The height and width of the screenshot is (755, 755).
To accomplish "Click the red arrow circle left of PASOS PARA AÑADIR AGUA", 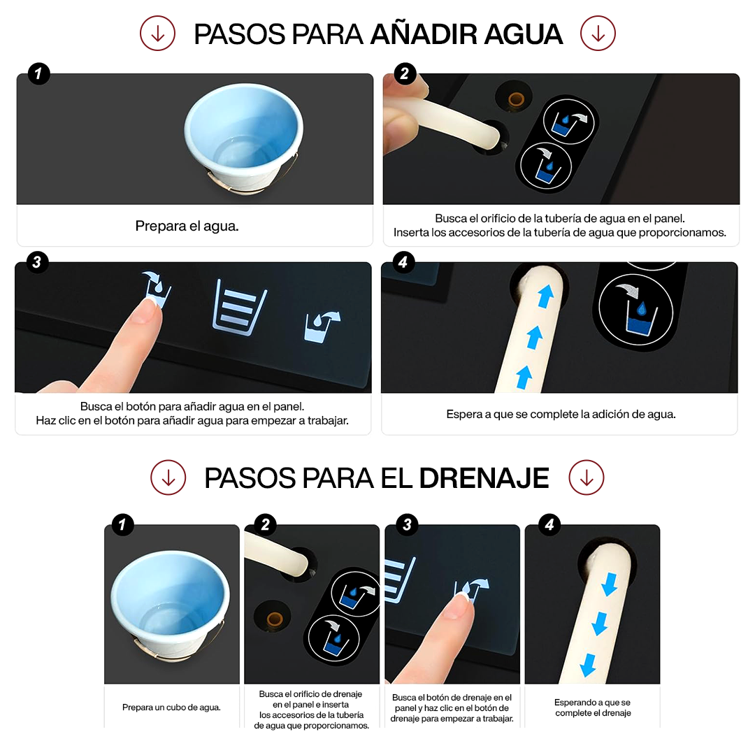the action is [157, 34].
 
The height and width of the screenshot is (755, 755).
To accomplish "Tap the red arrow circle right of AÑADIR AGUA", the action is [598, 34].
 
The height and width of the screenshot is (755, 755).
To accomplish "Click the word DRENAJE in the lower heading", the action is [484, 477].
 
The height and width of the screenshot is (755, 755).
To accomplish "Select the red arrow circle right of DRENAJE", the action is [586, 477].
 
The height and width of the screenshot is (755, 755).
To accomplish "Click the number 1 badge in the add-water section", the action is [39, 73].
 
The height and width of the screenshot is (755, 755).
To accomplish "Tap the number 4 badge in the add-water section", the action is [403, 262].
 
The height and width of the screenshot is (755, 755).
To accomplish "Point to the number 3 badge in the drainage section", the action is [408, 524].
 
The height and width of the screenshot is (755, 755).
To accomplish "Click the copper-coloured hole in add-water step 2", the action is [516, 100].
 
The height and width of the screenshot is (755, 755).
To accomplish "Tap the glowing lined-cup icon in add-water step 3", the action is [239, 307].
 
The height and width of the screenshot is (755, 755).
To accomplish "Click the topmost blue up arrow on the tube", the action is [545, 296].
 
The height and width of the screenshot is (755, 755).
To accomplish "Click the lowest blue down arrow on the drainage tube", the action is [588, 665].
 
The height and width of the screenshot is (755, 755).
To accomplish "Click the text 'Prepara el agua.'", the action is [187, 226].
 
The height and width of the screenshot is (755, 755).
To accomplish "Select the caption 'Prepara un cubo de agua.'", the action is [171, 707].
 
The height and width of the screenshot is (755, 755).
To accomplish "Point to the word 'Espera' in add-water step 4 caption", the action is [463, 414].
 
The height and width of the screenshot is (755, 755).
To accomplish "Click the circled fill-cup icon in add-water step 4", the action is [635, 310].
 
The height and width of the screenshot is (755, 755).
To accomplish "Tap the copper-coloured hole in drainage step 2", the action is [275, 618].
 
